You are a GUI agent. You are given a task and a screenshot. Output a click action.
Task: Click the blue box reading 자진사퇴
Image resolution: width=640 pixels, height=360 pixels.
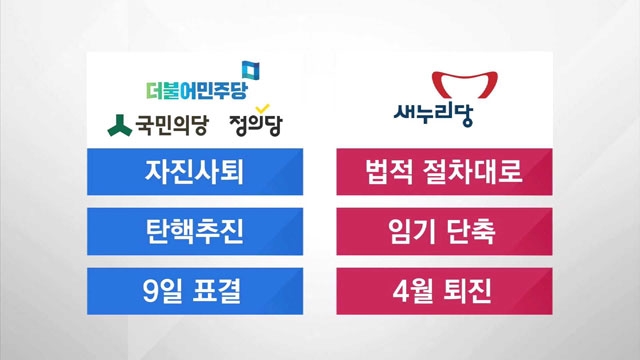[x=195, y=171]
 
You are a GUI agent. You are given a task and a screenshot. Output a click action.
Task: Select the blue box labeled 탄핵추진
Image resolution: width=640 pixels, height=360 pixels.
[x=195, y=231]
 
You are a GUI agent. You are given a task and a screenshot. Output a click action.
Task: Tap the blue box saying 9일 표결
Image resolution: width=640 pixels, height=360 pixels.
[x=195, y=291]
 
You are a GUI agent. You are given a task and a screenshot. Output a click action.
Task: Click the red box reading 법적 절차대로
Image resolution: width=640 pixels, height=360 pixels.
[x=444, y=171]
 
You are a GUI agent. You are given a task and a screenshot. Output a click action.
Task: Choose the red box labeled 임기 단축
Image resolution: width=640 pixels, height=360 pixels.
[x=444, y=231]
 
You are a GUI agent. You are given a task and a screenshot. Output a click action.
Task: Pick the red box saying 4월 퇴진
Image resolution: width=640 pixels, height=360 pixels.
[x=444, y=291]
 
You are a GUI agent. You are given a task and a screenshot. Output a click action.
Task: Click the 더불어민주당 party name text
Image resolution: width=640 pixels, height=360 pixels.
[x=197, y=91]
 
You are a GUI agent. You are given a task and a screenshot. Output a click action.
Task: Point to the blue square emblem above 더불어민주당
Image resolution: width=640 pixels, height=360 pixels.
[x=251, y=70]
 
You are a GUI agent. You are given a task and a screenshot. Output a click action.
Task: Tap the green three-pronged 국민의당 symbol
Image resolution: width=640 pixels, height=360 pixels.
[x=119, y=125]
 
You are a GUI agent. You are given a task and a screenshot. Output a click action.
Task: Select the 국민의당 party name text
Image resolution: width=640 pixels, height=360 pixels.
[x=172, y=125]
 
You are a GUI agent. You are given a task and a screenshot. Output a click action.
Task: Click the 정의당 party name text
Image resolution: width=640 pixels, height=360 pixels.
[x=256, y=125]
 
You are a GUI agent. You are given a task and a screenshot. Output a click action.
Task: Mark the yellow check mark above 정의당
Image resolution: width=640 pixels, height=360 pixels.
[x=262, y=109]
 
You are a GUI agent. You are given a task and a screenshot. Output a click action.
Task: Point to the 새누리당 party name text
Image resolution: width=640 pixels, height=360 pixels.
[x=433, y=115]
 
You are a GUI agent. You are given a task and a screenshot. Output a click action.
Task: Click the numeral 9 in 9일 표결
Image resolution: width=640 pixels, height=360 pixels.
[x=150, y=291]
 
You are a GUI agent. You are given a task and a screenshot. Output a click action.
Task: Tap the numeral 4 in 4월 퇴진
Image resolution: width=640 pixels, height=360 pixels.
[x=400, y=291]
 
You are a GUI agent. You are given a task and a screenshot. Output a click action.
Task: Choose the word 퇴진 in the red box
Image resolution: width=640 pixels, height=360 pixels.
[x=467, y=291]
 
